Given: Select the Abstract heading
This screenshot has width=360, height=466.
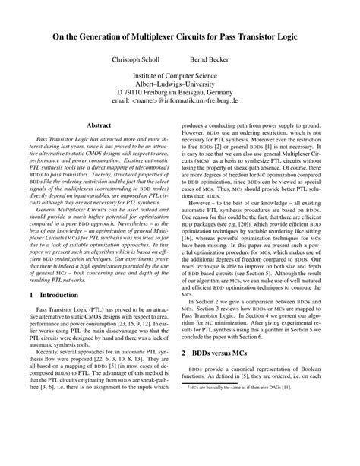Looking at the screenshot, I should point(101,124).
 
